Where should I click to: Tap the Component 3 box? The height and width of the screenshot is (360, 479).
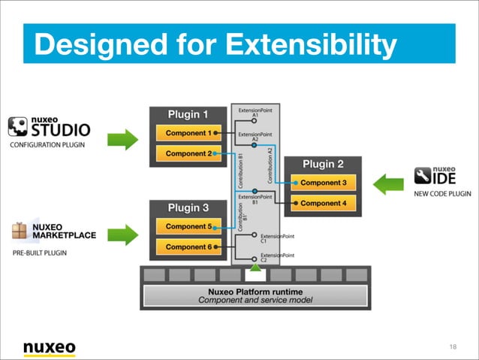[x=324, y=183]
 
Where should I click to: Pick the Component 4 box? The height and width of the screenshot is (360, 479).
[x=324, y=203]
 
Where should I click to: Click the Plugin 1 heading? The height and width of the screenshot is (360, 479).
[x=188, y=114]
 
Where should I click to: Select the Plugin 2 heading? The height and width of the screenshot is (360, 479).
[x=324, y=164]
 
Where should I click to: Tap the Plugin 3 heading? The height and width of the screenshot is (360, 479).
[x=188, y=207]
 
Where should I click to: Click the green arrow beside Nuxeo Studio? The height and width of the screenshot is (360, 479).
[x=122, y=139]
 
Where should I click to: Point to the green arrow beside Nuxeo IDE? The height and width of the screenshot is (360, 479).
[x=389, y=183]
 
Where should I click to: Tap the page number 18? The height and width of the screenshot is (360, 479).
[x=453, y=346]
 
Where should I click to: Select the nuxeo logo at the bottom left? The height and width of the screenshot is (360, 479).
[x=49, y=347]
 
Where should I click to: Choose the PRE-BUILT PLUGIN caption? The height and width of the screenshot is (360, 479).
[x=39, y=253]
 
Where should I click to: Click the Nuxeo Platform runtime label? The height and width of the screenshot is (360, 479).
[x=255, y=291]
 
